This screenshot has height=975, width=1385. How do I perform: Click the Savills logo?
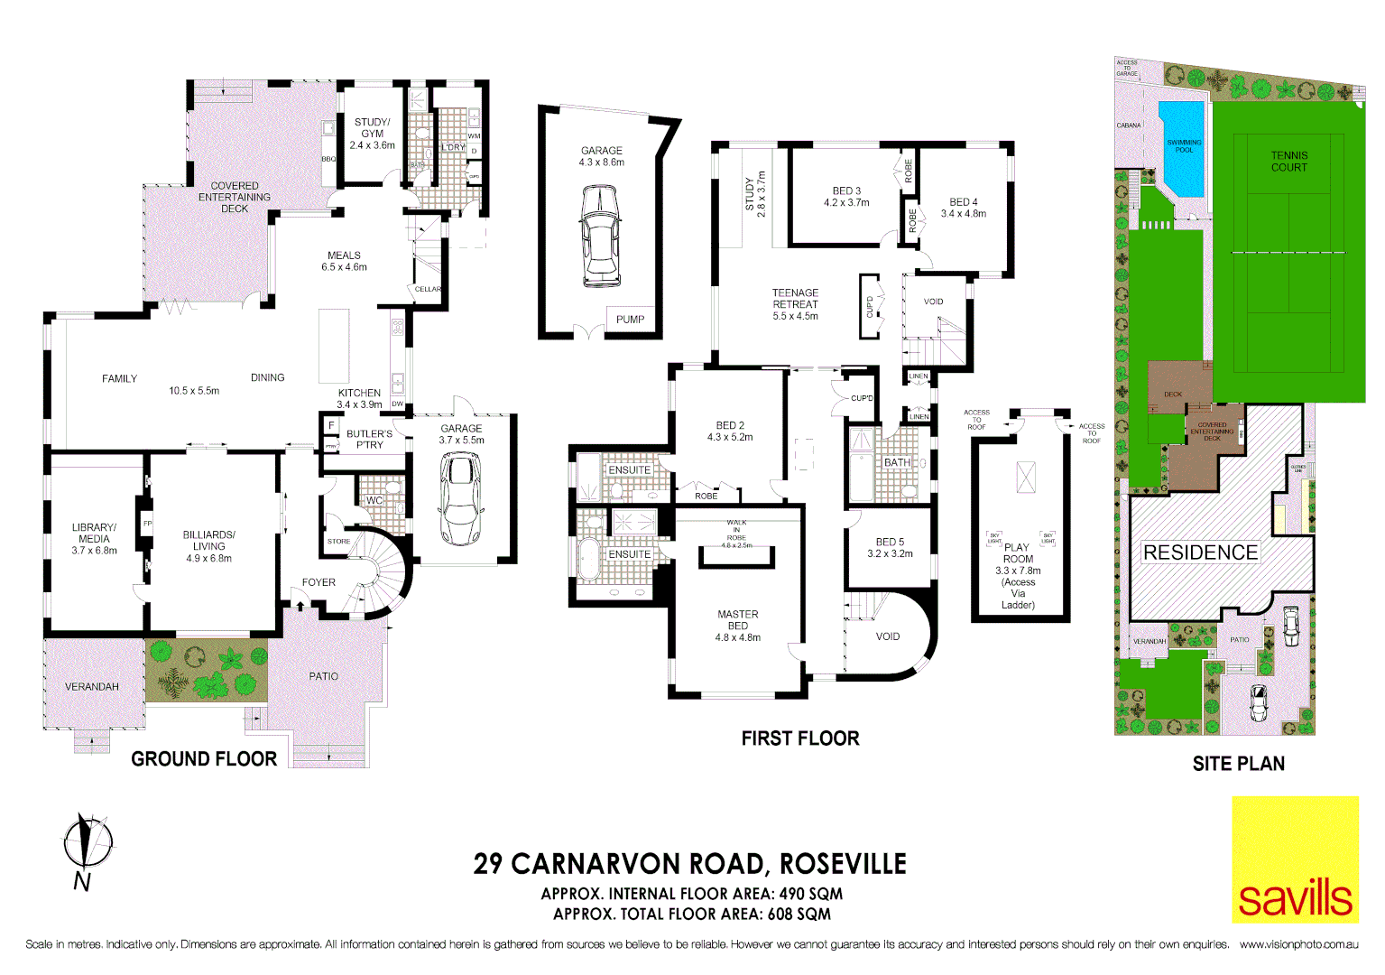tap(1295, 859)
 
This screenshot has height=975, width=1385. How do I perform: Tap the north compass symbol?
tap(88, 844)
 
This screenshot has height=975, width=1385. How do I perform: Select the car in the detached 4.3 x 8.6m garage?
tap(601, 237)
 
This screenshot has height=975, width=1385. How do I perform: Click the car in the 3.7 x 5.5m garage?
tap(461, 498)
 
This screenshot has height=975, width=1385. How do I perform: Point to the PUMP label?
tap(630, 320)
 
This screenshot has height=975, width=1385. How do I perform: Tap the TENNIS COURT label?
tap(1288, 162)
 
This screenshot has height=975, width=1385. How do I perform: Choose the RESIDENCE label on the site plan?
tap(1200, 552)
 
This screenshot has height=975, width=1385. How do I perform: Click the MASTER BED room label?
tap(737, 620)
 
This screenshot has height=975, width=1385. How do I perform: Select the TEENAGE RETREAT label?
tap(795, 299)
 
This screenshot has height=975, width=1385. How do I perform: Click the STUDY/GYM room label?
tap(372, 128)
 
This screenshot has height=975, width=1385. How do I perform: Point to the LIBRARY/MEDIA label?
tap(94, 533)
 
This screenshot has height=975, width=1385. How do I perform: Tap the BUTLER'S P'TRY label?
tap(369, 440)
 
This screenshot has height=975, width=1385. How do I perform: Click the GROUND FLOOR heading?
tap(204, 759)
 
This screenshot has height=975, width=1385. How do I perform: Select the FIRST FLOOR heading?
tap(800, 738)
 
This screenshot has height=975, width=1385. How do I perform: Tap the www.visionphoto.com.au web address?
tap(1298, 944)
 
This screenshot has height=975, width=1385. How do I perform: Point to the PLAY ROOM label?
tap(1018, 553)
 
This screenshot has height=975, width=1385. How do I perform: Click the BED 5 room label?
tap(890, 543)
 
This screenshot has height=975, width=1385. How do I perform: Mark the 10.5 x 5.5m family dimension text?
tap(194, 391)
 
